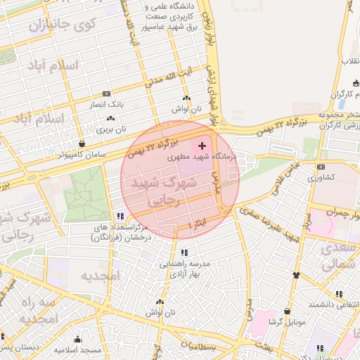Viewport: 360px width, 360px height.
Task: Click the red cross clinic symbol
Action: [203, 145]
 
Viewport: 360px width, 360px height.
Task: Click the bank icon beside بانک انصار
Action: [106, 93]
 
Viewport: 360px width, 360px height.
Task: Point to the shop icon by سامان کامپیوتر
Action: [82, 143]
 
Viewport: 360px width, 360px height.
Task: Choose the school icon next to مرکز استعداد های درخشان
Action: [121, 216]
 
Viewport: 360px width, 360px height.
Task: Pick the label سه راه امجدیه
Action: [28, 310]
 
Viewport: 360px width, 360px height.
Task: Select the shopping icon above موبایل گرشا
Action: [287, 310]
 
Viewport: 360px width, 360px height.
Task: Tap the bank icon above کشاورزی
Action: [321, 167]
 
